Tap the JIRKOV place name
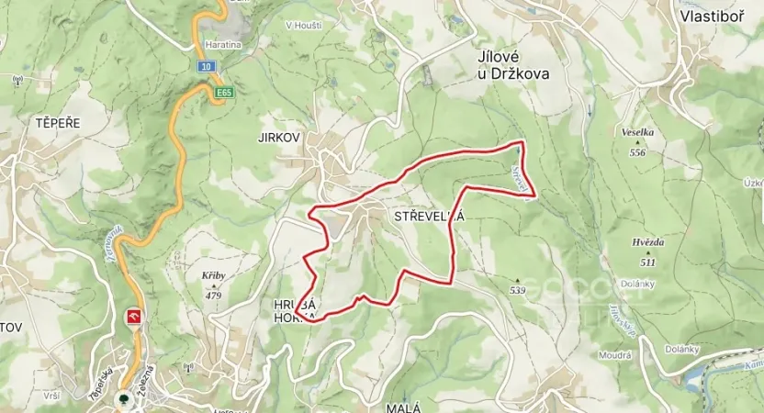tap(280, 137)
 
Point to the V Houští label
tap(303, 25)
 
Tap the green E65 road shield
tap(224, 93)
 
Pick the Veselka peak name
tap(637, 132)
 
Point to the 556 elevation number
tap(637, 152)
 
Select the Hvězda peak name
tap(648, 242)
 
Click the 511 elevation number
tap(648, 262)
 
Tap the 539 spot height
tap(517, 291)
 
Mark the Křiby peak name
tap(213, 274)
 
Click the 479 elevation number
tap(214, 296)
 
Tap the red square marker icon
tap(134, 317)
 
